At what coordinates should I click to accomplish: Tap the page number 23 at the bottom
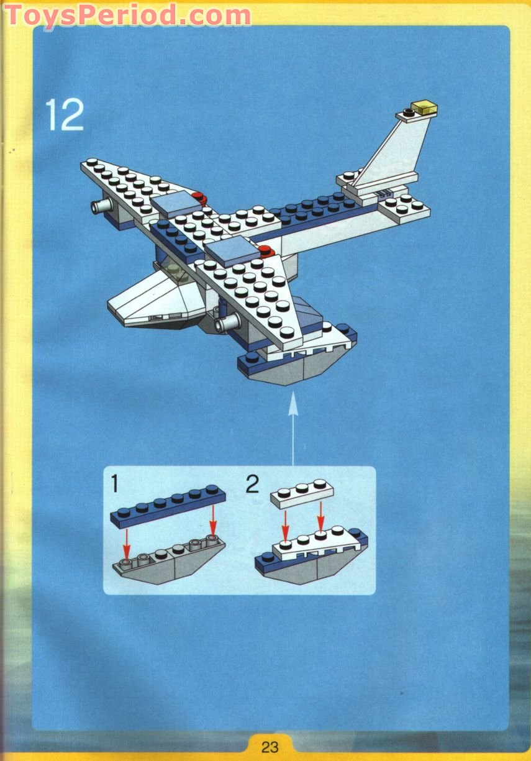pyautogui.click(x=270, y=746)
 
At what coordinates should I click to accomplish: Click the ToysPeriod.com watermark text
pyautogui.click(x=128, y=15)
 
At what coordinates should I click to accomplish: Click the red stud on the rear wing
pyautogui.click(x=198, y=199)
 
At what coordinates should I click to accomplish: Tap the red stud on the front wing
pyautogui.click(x=266, y=252)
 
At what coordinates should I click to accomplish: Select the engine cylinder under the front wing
pyautogui.click(x=227, y=321)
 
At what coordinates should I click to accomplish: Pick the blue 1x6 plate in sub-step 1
pyautogui.click(x=168, y=504)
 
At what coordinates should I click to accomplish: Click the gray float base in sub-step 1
pyautogui.click(x=168, y=563)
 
